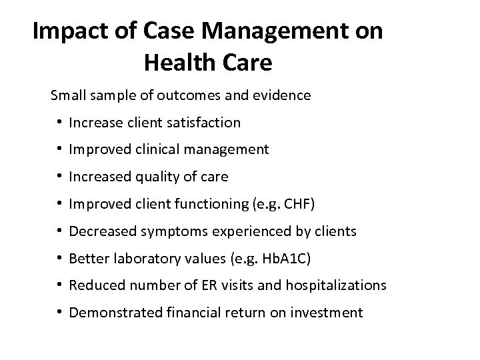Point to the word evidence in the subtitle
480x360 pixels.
[283, 95]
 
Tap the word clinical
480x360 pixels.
[156, 149]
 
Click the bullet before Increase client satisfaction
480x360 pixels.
[59, 123]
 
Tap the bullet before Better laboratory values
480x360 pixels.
[59, 258]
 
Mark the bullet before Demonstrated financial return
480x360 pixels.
[59, 313]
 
